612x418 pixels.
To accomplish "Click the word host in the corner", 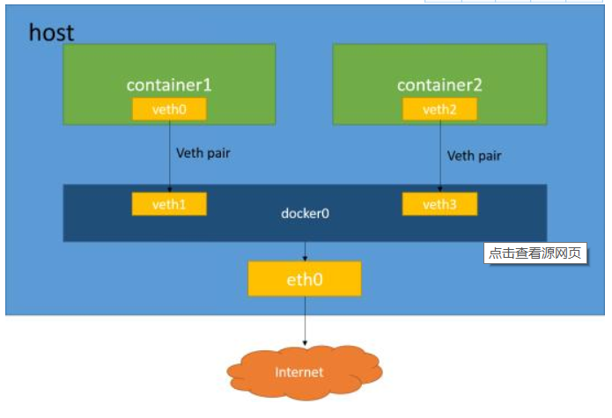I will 51,33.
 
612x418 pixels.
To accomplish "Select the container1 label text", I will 169,85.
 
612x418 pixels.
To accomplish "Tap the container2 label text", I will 439,85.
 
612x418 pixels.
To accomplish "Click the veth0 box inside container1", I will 169,109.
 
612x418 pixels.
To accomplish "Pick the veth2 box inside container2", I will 439,109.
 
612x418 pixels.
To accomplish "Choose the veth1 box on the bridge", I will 169,204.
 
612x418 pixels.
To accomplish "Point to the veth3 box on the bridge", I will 439,204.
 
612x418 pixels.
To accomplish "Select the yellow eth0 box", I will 305,278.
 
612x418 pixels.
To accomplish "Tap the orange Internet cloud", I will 305,371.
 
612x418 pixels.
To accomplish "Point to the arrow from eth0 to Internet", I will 305,321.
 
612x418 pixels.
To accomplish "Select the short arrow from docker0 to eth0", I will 305,251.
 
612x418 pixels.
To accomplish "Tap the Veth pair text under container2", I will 474,156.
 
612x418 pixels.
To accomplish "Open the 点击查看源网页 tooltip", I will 535,253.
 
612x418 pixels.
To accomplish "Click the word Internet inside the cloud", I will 299,372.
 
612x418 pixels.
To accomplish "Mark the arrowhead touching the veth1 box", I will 169,189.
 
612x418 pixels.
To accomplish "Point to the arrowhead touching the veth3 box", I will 439,189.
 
